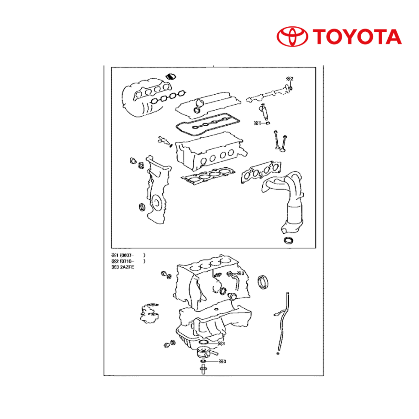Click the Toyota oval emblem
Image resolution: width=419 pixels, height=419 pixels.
(x=292, y=36)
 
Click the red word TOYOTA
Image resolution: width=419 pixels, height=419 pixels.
(x=357, y=36)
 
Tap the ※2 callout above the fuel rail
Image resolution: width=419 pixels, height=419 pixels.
(x=290, y=79)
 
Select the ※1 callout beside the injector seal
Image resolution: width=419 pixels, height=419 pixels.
(x=257, y=123)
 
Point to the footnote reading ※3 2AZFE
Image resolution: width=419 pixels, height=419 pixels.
(x=123, y=267)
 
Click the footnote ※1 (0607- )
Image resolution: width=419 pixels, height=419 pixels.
(x=128, y=255)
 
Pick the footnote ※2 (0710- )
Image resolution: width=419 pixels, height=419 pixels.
(x=128, y=261)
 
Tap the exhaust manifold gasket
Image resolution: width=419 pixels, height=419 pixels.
(x=261, y=171)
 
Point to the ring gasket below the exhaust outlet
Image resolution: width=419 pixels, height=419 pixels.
(x=288, y=240)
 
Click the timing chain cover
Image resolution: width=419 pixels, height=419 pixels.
(x=158, y=190)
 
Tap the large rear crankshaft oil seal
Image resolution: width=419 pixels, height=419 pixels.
(x=263, y=282)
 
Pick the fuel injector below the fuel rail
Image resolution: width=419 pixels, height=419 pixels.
(x=264, y=112)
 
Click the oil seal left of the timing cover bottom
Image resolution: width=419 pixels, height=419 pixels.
(x=142, y=207)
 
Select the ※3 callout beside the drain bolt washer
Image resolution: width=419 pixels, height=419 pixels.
(x=222, y=361)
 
